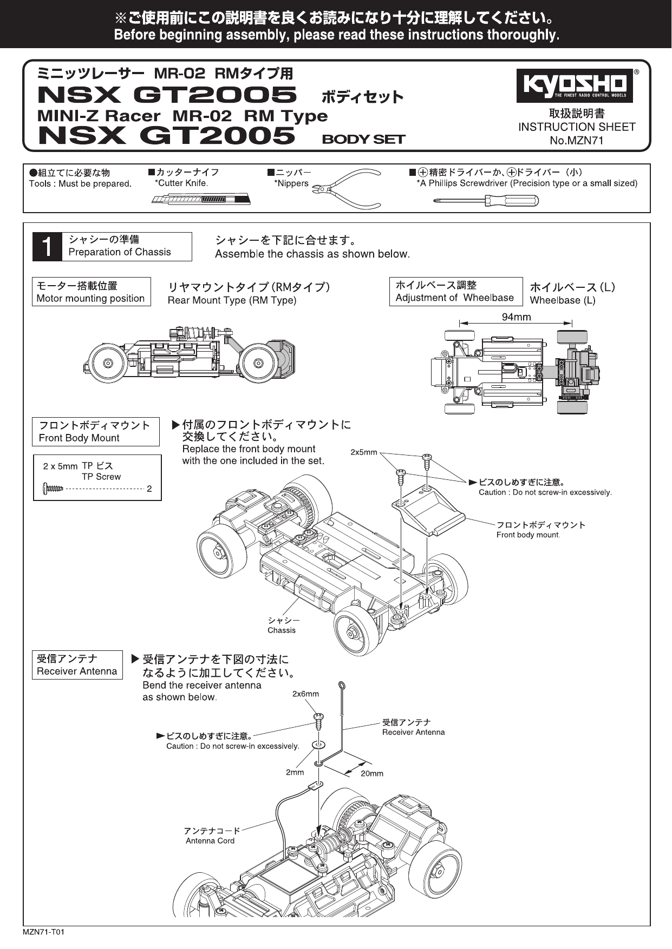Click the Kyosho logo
(x=575, y=85)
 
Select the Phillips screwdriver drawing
(x=486, y=201)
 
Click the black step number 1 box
(x=47, y=247)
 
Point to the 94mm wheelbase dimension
(x=516, y=317)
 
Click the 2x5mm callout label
(x=363, y=452)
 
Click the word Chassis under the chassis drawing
(x=282, y=630)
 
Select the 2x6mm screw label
(x=305, y=694)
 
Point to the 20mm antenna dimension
(x=371, y=774)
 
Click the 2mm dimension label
(x=295, y=772)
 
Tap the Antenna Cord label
(x=210, y=841)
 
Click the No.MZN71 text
(x=577, y=141)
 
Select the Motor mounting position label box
(x=91, y=292)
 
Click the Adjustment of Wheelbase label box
(x=455, y=292)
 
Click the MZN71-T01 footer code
(x=44, y=933)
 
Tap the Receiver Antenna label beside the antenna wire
(x=413, y=732)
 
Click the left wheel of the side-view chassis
(x=108, y=363)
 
